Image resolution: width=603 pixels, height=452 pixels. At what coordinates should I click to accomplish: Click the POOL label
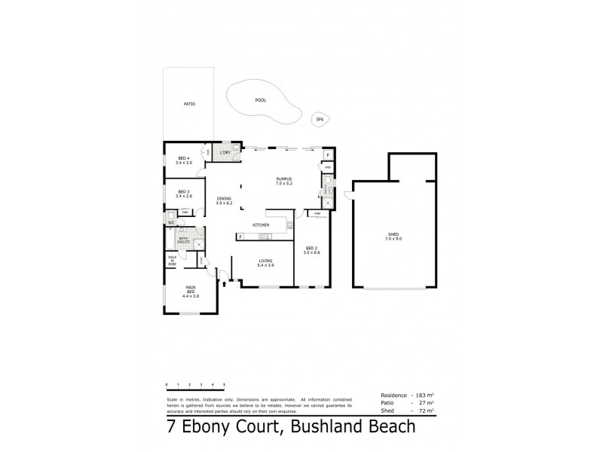(x=261, y=99)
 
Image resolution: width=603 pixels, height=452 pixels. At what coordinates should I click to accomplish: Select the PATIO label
(x=189, y=103)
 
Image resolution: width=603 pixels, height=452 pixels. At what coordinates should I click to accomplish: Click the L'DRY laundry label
(x=224, y=153)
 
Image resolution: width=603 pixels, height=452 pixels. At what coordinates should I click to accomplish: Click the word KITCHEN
(x=262, y=225)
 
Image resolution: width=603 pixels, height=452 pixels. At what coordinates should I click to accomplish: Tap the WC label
(x=172, y=223)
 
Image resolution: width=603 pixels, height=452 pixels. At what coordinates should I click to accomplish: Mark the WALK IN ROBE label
(x=172, y=260)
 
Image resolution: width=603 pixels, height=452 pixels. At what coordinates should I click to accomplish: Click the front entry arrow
(x=224, y=285)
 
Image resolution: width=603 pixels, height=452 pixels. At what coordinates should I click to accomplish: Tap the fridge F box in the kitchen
(x=240, y=237)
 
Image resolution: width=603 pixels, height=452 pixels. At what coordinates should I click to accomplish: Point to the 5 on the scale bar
(x=224, y=385)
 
